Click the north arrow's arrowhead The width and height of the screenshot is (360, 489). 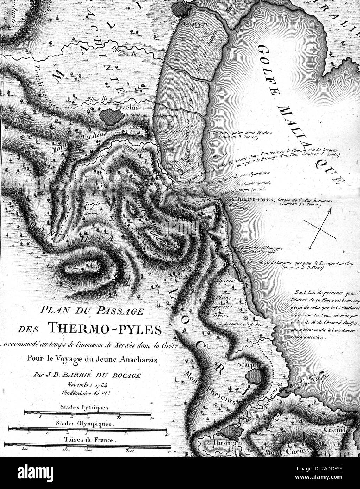[329, 210]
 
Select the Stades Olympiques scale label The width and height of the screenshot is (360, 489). [86, 424]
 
